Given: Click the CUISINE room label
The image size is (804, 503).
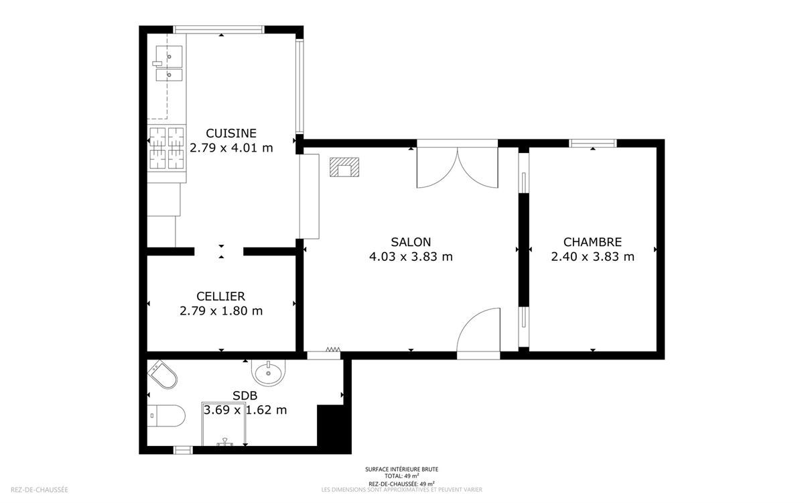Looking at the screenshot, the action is tap(231, 133).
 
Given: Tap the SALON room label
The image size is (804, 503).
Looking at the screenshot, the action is tap(411, 242).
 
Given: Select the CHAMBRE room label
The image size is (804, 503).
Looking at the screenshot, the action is tap(592, 242).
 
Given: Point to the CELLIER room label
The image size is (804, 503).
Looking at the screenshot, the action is tap(220, 296).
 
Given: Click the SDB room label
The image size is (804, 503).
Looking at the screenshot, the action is tap(245, 396).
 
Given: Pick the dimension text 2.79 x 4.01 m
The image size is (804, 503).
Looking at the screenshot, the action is tap(231, 148).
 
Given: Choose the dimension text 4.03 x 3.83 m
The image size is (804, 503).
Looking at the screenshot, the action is tap(411, 257).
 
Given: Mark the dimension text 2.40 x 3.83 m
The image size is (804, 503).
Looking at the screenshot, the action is tap(592, 257).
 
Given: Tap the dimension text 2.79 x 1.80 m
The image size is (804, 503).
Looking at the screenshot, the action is tap(220, 311).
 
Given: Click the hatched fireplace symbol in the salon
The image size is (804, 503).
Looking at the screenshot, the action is tap(344, 167).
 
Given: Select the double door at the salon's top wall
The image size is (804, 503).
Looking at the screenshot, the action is tap(457, 165).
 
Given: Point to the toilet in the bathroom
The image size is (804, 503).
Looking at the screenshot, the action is tap(166, 416).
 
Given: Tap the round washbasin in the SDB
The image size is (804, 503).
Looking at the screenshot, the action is tap(268, 372).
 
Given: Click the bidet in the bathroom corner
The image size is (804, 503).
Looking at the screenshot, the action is tap(163, 374).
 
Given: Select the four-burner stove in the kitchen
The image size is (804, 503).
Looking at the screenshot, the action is tap(167, 148).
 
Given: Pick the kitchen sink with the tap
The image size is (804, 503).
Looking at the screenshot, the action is tap(168, 63).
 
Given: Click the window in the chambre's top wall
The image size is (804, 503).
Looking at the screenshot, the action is tap(592, 144).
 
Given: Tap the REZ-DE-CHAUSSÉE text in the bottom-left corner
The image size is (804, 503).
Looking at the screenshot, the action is tap(39, 490).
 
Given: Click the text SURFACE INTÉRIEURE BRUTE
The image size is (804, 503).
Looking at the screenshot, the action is tap(401, 469).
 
